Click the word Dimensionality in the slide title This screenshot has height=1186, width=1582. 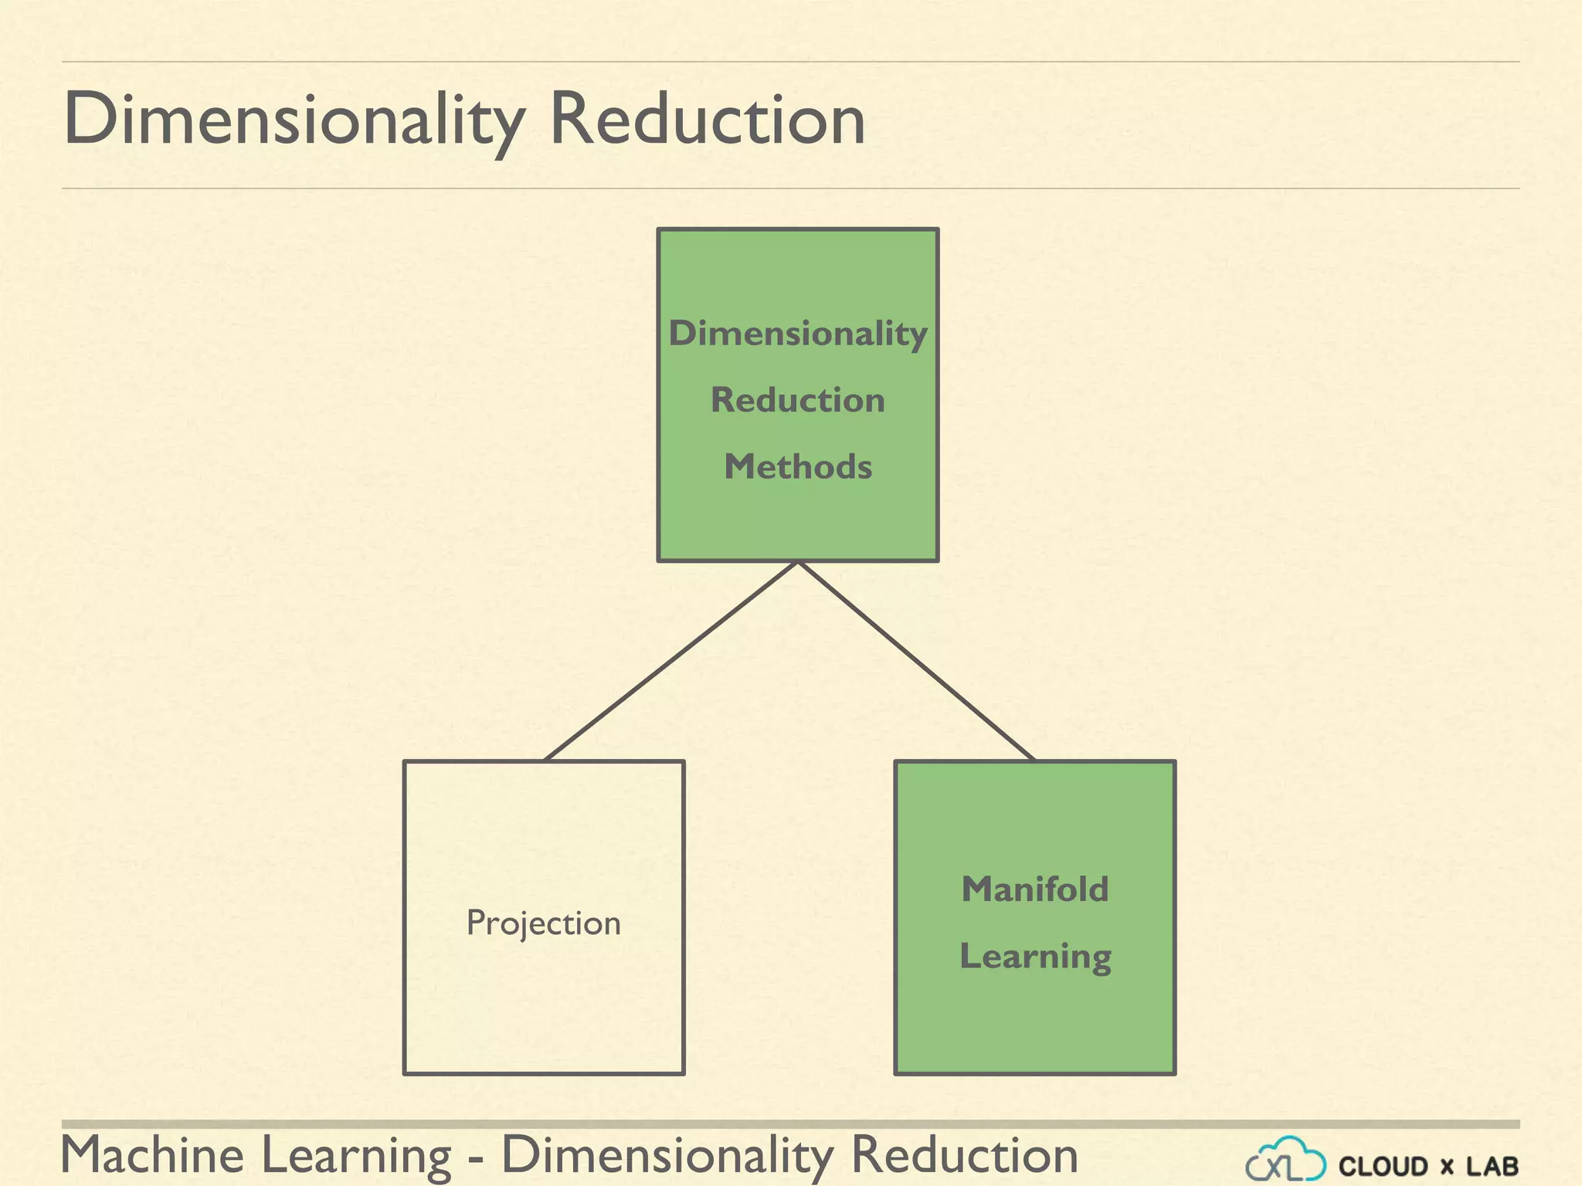pos(294,120)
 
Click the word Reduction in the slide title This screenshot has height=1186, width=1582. pos(707,120)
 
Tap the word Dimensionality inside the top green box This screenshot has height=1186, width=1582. pos(798,334)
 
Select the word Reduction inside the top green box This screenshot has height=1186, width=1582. pos(798,400)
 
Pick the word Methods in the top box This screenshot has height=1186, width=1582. pos(798,466)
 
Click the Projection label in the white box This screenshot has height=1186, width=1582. pos(544,923)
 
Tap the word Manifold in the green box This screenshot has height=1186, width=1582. pos(1035,889)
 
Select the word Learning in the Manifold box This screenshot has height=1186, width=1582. pos(1035,956)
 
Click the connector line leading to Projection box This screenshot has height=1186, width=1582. pos(670,661)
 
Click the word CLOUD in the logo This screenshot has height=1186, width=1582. pos(1383,1166)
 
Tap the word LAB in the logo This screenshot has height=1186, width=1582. pos(1492,1166)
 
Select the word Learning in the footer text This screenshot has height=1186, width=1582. pos(356,1157)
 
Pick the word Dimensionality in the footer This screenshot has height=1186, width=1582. pos(667,1157)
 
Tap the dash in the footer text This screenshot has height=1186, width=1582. pos(477,1158)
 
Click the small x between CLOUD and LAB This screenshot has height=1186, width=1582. pos(1447,1167)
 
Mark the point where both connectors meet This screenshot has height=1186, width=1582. pos(798,563)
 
